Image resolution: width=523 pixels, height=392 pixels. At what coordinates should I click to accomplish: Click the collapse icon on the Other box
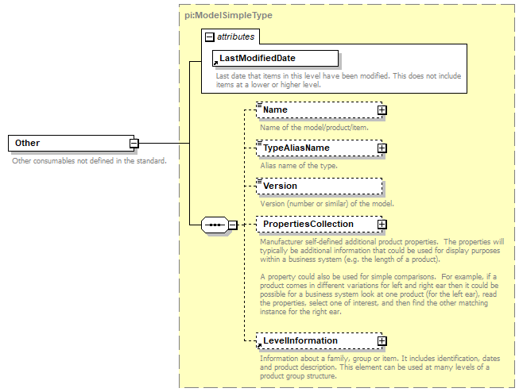pos(134,144)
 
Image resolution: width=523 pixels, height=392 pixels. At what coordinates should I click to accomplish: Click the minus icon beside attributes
pos(209,37)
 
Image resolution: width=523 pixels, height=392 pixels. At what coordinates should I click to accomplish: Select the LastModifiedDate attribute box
pos(274,58)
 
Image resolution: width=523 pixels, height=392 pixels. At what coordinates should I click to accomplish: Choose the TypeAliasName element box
pos(314,148)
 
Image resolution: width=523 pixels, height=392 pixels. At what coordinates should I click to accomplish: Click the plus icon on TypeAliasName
pos(382,148)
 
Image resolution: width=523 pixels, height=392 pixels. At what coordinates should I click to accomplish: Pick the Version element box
pos(318,186)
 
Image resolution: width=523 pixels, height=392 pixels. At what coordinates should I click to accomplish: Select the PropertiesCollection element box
pos(314,225)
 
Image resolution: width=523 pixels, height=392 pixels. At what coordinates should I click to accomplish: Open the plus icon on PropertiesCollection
pos(382,225)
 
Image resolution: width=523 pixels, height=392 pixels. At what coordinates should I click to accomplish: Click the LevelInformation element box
pos(314,340)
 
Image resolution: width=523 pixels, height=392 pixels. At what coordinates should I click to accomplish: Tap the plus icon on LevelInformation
pos(382,341)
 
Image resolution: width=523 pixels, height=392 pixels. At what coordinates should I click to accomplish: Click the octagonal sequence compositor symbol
pos(214,225)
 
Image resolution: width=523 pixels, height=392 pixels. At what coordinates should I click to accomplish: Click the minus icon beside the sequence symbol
pos(232,225)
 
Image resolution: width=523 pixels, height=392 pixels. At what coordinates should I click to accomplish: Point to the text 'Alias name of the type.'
pos(299,165)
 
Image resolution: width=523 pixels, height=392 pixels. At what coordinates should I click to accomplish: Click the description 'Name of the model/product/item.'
pos(315,127)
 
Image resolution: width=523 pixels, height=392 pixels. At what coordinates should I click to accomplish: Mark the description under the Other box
pos(89,161)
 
